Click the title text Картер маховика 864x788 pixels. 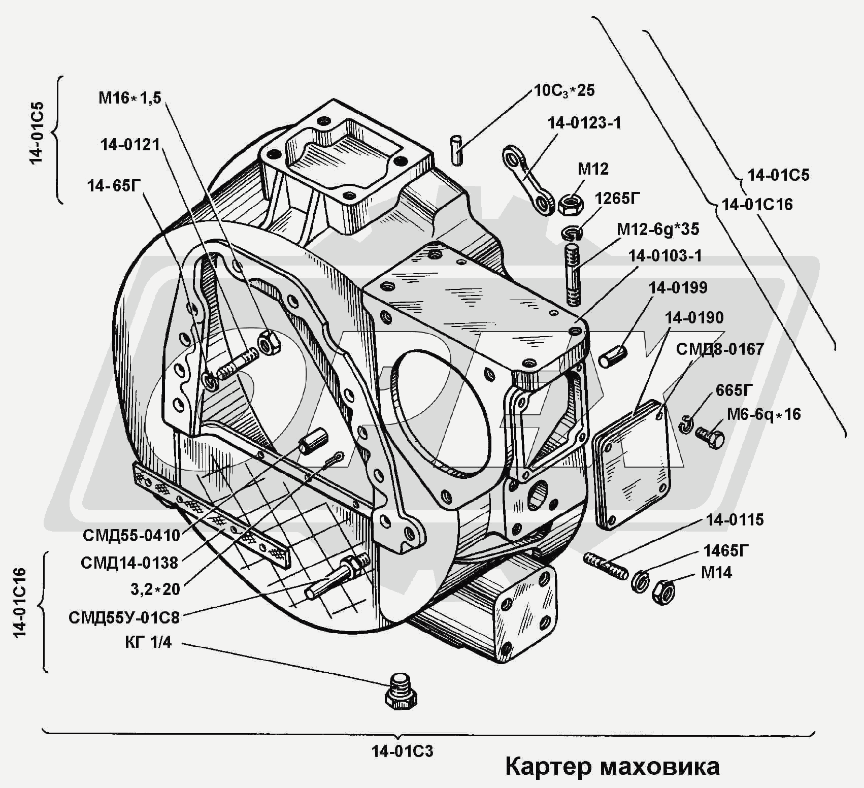(x=612, y=767)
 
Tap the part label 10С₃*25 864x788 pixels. (x=564, y=91)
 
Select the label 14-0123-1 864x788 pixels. (x=584, y=123)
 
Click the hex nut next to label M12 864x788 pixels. (x=571, y=204)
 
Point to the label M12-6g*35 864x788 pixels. (x=658, y=229)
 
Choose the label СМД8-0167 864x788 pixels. (x=720, y=349)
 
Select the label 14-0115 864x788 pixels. (x=735, y=520)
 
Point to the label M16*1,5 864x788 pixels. (x=129, y=97)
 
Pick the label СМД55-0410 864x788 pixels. (x=131, y=535)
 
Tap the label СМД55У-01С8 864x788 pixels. (x=124, y=617)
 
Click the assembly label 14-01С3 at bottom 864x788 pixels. (x=402, y=751)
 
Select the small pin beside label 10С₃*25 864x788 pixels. (x=457, y=150)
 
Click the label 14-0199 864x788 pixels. (x=678, y=288)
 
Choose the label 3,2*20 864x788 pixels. (x=155, y=589)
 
